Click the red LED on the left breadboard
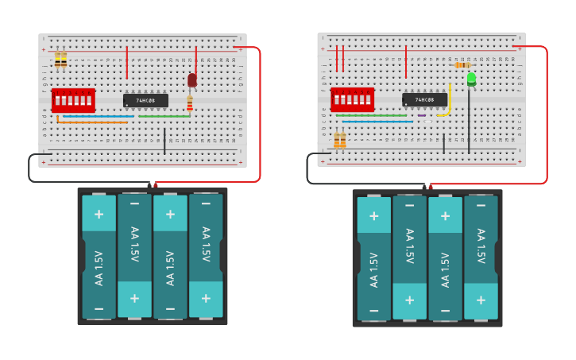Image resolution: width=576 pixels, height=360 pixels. [x=191, y=79]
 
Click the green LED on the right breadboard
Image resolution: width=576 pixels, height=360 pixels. [x=471, y=79]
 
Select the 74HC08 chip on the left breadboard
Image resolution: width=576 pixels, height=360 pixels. [x=145, y=101]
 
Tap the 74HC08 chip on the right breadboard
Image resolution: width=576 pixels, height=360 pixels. [x=424, y=99]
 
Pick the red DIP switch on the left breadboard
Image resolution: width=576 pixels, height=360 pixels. [x=73, y=100]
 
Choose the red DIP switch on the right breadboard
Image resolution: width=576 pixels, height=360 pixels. [x=352, y=99]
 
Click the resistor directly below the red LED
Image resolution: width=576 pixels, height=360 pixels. [x=189, y=103]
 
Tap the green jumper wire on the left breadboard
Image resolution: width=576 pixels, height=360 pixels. [x=164, y=116]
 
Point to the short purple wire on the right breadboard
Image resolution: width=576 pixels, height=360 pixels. [x=421, y=115]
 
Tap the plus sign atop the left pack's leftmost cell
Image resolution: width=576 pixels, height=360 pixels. [x=99, y=214]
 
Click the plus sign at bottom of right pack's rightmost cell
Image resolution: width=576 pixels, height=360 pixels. [x=480, y=300]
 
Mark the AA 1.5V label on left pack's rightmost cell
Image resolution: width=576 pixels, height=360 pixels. [x=205, y=245]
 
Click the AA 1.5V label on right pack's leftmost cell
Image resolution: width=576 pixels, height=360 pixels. [x=373, y=269]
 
